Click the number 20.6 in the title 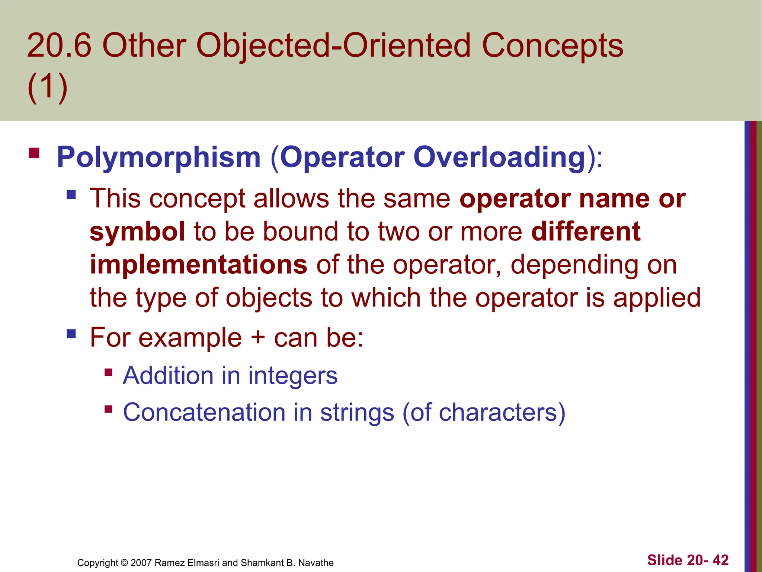click(59, 46)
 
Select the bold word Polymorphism click(159, 158)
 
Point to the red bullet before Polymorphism click(34, 153)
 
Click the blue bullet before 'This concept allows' click(71, 195)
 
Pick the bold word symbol click(137, 232)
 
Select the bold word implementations click(198, 265)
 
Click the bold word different click(586, 232)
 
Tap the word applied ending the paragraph click(657, 298)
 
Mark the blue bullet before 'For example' click(71, 333)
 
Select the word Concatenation click(204, 413)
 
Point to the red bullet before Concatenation click(108, 410)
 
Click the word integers click(293, 376)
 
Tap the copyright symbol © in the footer click(124, 563)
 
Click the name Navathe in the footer click(316, 563)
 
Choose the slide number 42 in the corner click(720, 560)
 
